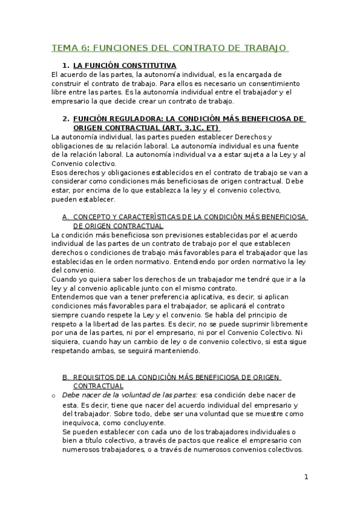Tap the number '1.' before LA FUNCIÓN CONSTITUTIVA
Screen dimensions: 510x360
[66, 65]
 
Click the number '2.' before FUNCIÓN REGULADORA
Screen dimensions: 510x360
[66, 118]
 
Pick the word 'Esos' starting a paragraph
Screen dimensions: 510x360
[61, 173]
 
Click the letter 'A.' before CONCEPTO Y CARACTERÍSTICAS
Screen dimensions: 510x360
[66, 217]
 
